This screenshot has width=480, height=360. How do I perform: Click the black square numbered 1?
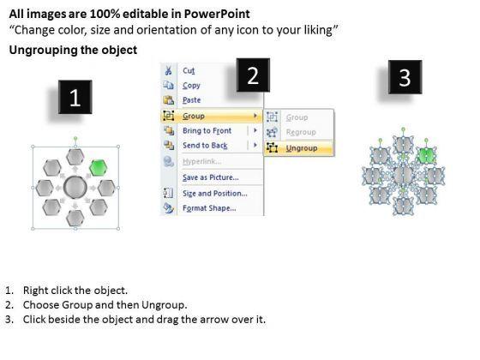click(75, 97)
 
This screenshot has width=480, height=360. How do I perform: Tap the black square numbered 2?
click(253, 75)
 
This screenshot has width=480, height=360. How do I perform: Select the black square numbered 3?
click(405, 77)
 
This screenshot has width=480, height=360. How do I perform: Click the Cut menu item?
click(189, 70)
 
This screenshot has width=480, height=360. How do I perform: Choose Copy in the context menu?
click(191, 86)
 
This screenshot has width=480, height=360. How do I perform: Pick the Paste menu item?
click(192, 100)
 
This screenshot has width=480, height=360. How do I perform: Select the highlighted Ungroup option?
click(302, 148)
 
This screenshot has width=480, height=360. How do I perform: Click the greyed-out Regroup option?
click(301, 132)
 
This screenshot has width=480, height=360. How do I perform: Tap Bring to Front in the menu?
click(207, 130)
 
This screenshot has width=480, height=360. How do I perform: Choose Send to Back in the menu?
click(205, 146)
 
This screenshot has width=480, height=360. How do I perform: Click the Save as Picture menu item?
click(211, 177)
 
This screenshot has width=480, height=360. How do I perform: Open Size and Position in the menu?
click(215, 194)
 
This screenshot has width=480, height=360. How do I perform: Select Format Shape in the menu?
click(209, 208)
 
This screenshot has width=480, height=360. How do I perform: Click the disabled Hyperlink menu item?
click(202, 161)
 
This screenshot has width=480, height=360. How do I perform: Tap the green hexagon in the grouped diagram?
click(98, 167)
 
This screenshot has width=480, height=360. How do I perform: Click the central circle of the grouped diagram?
click(75, 187)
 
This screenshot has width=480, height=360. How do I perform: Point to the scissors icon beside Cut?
click(168, 70)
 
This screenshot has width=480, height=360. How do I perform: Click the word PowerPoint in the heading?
click(217, 14)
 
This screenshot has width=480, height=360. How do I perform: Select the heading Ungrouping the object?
click(73, 50)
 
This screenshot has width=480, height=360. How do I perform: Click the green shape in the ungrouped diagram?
click(427, 155)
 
